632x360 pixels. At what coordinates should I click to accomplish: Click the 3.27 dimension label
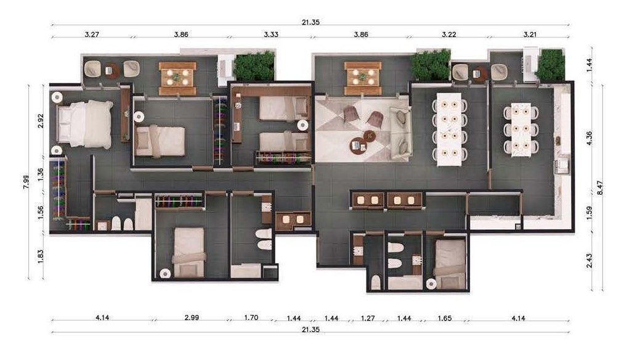pyautogui.click(x=91, y=35)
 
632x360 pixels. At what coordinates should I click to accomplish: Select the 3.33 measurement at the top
pyautogui.click(x=270, y=35)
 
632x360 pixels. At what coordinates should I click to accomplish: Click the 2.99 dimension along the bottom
pyautogui.click(x=192, y=318)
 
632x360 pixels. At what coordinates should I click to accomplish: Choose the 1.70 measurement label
pyautogui.click(x=251, y=318)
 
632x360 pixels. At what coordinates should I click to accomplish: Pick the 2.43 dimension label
pyautogui.click(x=589, y=261)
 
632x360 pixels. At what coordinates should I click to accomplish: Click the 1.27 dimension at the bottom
pyautogui.click(x=368, y=318)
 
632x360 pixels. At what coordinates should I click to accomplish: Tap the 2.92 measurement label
pyautogui.click(x=41, y=120)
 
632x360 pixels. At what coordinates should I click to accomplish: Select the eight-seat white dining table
pyautogui.click(x=449, y=129)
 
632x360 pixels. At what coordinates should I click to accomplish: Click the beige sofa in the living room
pyautogui.click(x=401, y=131)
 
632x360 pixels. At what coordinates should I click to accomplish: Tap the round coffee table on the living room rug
pyautogui.click(x=358, y=145)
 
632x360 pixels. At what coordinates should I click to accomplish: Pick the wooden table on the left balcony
pyautogui.click(x=177, y=78)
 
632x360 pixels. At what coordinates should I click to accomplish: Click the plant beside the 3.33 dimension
pyautogui.click(x=254, y=66)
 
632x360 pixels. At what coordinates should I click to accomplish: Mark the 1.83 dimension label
pyautogui.click(x=41, y=256)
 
